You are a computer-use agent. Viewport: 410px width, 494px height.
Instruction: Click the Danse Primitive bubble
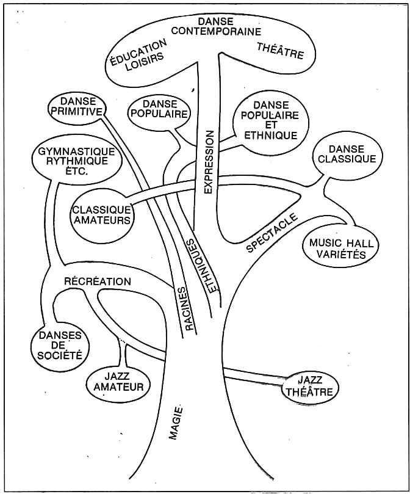coord(77,107)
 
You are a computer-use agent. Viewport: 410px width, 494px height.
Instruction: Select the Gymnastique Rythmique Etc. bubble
coord(76,161)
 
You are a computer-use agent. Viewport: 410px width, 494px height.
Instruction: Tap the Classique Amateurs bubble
coord(101,216)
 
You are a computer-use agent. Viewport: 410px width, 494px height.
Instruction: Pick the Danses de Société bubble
coord(60,346)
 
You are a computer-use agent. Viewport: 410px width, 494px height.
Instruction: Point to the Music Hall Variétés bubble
coord(340,248)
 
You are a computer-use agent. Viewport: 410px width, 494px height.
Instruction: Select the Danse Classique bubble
coord(347,154)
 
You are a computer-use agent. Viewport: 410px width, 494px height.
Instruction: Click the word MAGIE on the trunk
coord(176,423)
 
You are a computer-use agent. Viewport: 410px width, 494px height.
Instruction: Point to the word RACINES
coord(185,308)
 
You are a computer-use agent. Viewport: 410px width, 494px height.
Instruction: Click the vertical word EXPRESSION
coord(209,162)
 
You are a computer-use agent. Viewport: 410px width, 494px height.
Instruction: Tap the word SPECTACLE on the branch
coord(272,233)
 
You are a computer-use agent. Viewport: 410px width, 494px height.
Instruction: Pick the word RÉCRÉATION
coord(98,281)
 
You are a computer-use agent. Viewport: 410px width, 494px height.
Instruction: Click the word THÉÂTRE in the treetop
coord(280,51)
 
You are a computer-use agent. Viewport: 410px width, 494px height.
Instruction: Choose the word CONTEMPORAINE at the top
coord(217,32)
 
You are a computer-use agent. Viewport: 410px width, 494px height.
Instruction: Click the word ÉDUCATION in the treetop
coord(138,53)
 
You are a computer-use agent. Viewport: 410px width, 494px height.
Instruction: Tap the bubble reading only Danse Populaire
coord(160,112)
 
